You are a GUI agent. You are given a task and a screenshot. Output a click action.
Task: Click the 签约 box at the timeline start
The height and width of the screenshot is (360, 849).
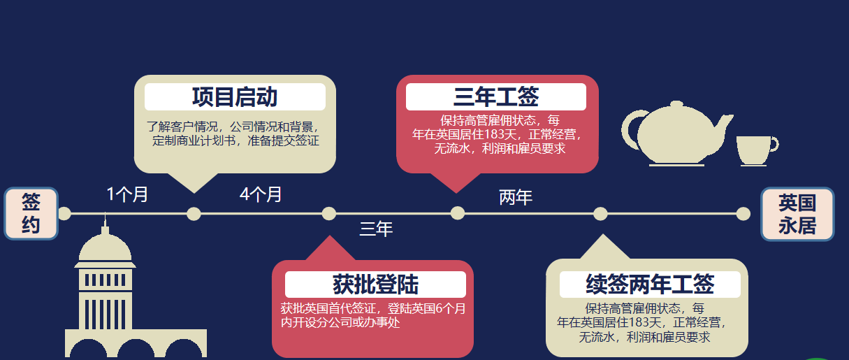coord(31,213)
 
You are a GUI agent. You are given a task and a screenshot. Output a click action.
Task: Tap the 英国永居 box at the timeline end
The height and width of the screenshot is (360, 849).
coord(797,213)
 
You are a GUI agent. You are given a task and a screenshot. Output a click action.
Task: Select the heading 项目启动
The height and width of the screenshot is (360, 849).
coord(235,97)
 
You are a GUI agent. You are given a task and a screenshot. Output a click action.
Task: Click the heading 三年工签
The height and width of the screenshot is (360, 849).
coord(496,97)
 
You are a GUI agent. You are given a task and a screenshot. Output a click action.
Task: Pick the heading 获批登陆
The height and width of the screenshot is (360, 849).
coord(375,285)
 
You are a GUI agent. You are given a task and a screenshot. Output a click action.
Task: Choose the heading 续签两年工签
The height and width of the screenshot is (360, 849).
coord(650,285)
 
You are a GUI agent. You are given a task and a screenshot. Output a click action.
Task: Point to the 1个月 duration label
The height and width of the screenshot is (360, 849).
coord(128,194)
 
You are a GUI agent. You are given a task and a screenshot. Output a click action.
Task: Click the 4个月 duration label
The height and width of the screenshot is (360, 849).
coord(261,194)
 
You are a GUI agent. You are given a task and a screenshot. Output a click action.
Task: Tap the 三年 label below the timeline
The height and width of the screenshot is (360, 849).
coord(376,229)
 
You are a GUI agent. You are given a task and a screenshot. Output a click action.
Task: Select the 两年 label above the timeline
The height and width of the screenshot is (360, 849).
coord(516,198)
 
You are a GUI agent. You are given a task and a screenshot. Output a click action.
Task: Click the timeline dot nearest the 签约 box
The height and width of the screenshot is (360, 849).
coord(64,214)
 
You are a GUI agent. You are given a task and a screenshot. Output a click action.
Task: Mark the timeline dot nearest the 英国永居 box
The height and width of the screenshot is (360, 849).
coord(743,214)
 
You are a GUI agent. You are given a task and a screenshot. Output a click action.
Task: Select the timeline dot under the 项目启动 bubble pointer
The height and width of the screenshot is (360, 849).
coord(194,214)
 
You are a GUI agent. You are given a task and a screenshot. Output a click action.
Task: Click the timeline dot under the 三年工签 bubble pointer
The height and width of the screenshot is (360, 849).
coord(458,214)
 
